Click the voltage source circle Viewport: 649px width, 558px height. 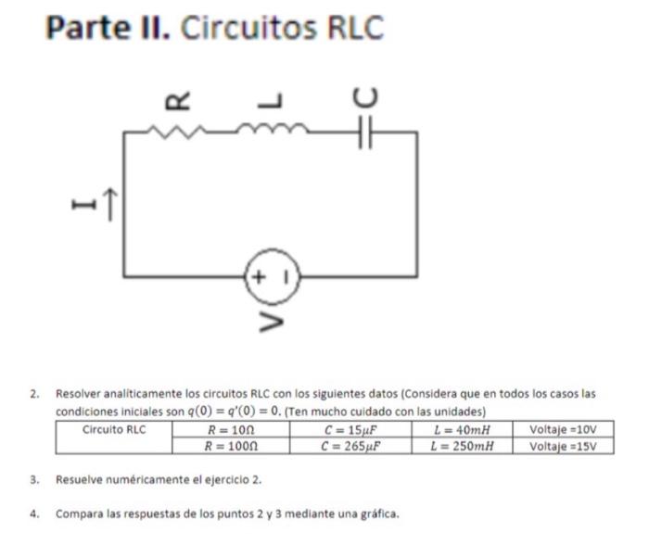coord(272,275)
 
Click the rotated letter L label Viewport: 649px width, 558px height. coord(272,98)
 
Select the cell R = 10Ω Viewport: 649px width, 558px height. coord(230,430)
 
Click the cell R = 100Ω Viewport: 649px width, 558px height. coord(230,445)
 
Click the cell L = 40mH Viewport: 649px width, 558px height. coord(461,430)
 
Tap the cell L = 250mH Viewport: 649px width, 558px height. coord(461,445)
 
